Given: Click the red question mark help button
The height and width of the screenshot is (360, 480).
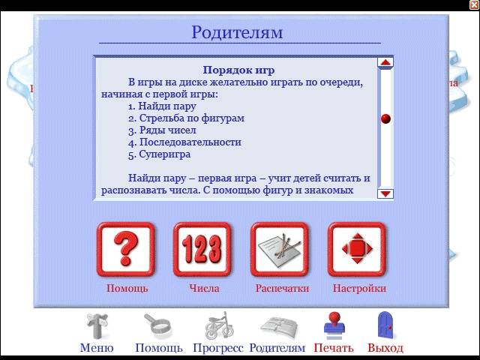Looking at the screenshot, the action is tap(126, 249).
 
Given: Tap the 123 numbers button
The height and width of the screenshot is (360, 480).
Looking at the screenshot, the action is tap(202, 249).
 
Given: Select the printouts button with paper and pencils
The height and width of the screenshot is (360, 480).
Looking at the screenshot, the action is tap(280, 249).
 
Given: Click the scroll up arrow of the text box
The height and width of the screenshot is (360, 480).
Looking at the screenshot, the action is tap(385, 62).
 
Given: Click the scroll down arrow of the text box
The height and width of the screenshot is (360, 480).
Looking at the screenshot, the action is tap(385, 193).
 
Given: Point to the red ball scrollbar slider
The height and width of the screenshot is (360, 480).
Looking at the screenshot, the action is tap(385, 118).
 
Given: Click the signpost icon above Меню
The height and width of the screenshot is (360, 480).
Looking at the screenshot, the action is tap(97, 325).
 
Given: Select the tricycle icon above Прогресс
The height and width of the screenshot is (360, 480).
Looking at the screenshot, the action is tap(218, 325).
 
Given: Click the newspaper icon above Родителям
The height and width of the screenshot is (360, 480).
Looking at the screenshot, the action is tap(279, 328).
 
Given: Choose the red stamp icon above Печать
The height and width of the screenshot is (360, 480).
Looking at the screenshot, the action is tap(334, 325).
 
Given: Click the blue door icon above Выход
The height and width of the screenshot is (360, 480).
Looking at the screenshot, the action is tap(385, 325).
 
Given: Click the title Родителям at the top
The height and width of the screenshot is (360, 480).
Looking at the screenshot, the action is tap(237, 32).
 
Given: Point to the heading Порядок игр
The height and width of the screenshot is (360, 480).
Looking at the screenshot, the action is tap(238, 70).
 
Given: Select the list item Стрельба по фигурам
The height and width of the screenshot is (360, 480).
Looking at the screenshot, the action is tap(192, 118).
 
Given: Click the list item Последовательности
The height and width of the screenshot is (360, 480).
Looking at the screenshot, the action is tap(190, 142).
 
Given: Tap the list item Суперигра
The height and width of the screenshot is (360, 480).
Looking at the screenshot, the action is tap(165, 154).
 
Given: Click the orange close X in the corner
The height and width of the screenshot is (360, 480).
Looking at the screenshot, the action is tap(475, 4).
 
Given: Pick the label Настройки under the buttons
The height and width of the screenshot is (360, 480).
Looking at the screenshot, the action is tap(359, 288).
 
